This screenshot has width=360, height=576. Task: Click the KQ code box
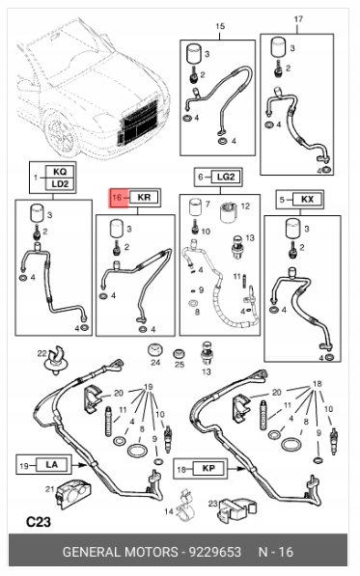(x=60, y=172)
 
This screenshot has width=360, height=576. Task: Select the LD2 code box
(x=60, y=184)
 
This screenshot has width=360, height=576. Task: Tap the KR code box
(x=144, y=197)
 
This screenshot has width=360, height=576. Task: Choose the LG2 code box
(x=226, y=177)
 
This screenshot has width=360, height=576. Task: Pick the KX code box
(x=308, y=200)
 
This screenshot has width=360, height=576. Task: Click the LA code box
(x=52, y=465)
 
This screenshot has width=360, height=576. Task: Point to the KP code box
(x=208, y=468)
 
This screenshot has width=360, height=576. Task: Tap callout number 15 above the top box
(x=220, y=26)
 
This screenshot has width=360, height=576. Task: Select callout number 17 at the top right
(x=298, y=18)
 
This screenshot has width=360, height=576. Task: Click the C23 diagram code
(x=39, y=522)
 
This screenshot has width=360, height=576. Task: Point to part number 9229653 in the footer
(x=215, y=552)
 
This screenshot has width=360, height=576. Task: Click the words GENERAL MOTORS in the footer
(x=120, y=552)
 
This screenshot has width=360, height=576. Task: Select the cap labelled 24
(x=155, y=349)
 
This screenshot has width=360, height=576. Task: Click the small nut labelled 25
(x=179, y=354)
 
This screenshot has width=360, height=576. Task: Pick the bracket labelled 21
(x=74, y=493)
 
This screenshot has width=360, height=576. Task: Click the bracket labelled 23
(x=236, y=509)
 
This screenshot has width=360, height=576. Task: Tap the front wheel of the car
(x=62, y=135)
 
